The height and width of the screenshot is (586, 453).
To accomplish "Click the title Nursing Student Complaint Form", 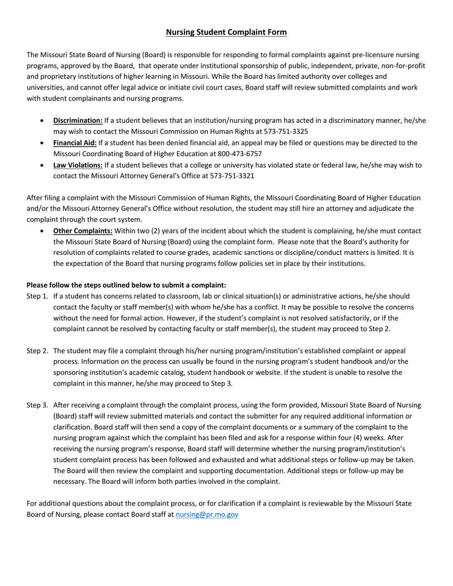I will (x=226, y=32).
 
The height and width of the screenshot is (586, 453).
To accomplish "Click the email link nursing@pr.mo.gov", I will (x=207, y=515).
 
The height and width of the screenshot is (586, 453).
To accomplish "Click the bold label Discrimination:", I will (x=78, y=121).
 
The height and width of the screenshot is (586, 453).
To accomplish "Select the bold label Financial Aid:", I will (x=75, y=143).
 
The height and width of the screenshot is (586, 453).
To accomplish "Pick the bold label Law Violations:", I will (x=78, y=165).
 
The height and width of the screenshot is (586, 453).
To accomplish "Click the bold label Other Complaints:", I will (x=83, y=231).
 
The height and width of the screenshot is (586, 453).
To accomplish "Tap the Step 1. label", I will (x=37, y=296).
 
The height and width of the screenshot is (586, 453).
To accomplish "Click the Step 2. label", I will (x=37, y=351).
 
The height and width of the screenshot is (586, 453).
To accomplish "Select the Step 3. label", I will (x=37, y=405).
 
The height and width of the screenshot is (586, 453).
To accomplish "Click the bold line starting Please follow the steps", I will (x=126, y=285).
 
